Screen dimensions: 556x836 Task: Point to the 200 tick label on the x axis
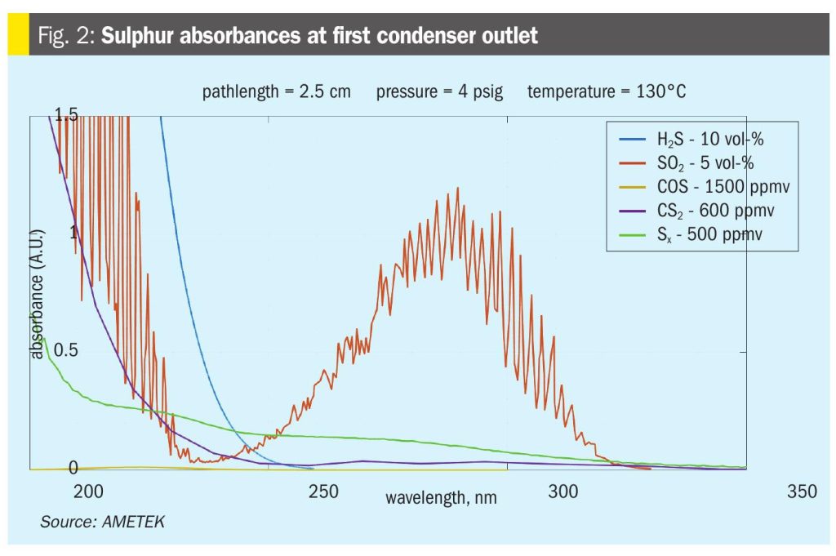88,492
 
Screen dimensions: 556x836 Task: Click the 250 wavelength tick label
324,492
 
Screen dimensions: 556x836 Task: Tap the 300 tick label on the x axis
562,492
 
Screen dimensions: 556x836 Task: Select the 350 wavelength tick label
801,492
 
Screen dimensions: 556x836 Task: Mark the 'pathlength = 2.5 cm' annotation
276,91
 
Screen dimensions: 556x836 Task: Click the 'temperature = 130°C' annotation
606,91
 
